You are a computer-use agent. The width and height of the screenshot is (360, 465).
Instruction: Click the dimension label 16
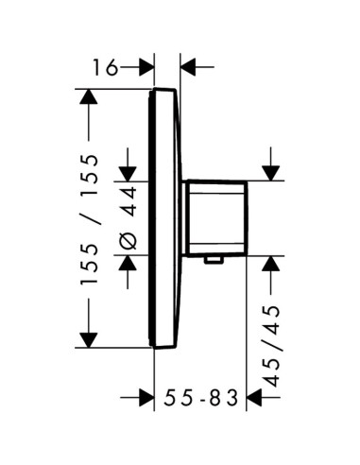105,67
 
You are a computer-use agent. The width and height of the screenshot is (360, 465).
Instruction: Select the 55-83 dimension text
200,398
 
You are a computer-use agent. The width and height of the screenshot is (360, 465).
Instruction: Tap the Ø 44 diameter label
129,218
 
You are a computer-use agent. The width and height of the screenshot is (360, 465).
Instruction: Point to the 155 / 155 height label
89,219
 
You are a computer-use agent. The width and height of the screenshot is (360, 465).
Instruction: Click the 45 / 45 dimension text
271,346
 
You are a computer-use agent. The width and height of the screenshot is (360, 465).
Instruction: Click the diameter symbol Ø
129,241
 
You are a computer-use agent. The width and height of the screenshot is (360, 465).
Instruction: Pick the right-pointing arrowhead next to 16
146,67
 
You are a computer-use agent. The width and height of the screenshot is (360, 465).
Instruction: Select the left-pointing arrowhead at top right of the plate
188,67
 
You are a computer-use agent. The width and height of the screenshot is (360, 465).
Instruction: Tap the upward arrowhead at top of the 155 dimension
89,96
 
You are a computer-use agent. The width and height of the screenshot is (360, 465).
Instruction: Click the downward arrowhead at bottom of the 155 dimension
89,340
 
